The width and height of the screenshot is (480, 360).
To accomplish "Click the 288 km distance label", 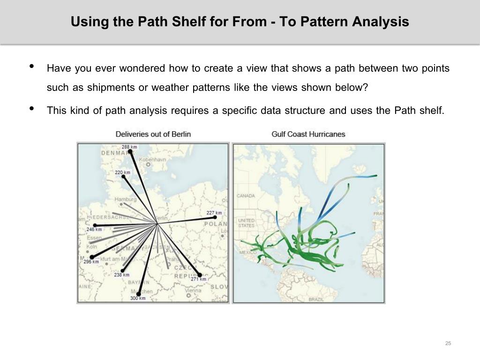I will click(129, 147).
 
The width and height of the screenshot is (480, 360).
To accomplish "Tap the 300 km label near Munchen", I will click(138, 299).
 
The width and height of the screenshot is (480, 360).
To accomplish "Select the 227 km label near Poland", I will click(214, 213).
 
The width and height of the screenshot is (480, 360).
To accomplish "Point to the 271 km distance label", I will click(198, 279).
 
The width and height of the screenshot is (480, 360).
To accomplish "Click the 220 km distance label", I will click(122, 172).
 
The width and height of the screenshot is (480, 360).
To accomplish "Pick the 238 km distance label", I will click(122, 275).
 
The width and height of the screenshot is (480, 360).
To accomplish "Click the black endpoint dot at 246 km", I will click(95, 225).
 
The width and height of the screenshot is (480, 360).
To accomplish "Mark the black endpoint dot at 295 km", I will click(92, 257).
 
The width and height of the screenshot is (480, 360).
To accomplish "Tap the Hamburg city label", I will click(126, 199).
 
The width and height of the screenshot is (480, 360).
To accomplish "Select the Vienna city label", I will click(193, 291).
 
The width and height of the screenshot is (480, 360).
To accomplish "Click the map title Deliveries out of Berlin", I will click(153, 134).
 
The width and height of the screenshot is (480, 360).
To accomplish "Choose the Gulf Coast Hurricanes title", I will click(308, 134).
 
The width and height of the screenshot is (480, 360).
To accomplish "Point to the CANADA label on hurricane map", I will click(246, 195).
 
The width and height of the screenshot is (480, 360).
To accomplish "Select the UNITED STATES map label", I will click(247, 223).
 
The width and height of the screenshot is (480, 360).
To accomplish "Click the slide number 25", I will click(448, 344).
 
